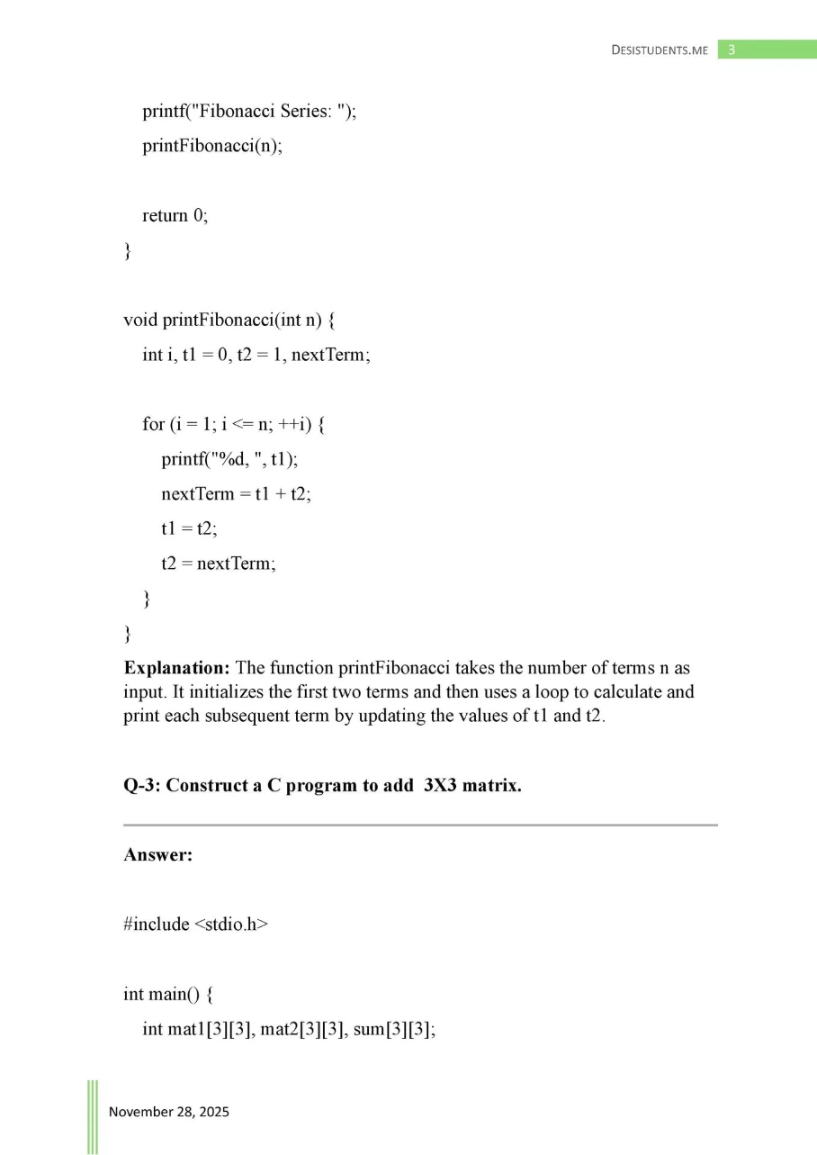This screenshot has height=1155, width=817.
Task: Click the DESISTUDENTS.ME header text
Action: [660, 50]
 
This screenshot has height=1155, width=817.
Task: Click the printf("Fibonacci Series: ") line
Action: [249, 112]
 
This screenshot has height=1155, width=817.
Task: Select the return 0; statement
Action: [175, 215]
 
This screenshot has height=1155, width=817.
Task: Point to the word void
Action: [139, 320]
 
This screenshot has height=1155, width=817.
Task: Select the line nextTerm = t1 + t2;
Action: [236, 494]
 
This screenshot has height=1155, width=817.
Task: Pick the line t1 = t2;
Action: [189, 528]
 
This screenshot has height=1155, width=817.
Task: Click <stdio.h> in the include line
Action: [231, 925]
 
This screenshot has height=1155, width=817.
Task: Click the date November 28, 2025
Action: [169, 1112]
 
